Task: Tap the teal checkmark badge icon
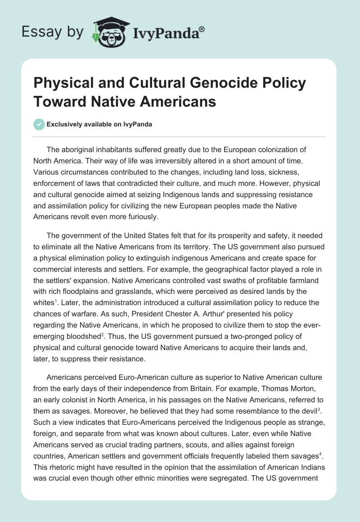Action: (x=39, y=124)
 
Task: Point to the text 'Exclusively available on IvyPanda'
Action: (x=99, y=124)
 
